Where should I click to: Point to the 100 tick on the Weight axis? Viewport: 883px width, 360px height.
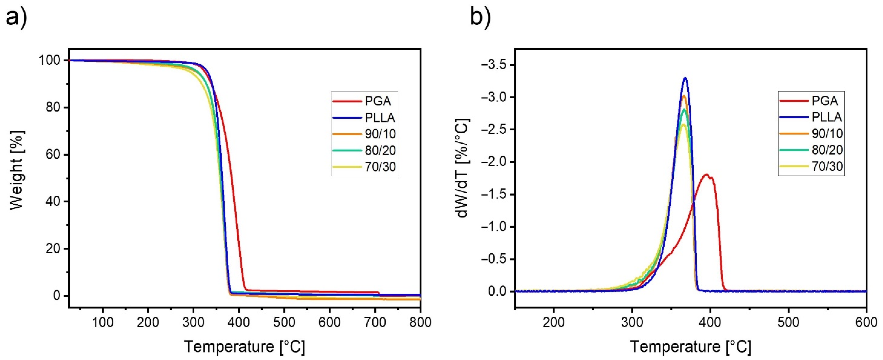point(51,61)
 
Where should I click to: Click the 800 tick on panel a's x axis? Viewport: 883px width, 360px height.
point(420,323)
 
